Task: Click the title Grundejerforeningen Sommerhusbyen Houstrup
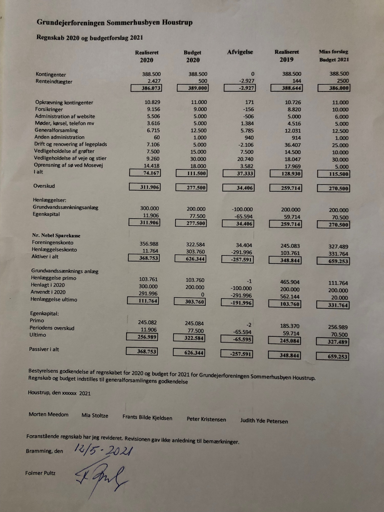click(x=114, y=23)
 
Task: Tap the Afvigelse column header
click(x=240, y=52)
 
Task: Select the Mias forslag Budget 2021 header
click(x=334, y=56)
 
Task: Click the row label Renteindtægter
click(x=54, y=82)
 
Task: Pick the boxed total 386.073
click(x=146, y=88)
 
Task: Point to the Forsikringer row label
click(x=49, y=109)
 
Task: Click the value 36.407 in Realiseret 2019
click(x=293, y=145)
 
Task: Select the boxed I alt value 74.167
click(x=145, y=173)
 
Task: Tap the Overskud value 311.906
click(x=145, y=187)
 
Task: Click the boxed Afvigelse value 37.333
click(x=239, y=173)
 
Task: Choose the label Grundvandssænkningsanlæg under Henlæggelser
click(x=66, y=207)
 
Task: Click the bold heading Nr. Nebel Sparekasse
click(x=56, y=236)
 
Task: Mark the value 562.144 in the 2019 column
click(x=290, y=296)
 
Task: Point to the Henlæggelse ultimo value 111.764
click(x=143, y=301)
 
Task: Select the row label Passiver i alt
click(x=44, y=349)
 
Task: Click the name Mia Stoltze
click(x=95, y=415)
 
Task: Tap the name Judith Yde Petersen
click(x=264, y=421)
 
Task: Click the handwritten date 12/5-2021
click(x=103, y=451)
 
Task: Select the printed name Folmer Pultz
click(x=40, y=473)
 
